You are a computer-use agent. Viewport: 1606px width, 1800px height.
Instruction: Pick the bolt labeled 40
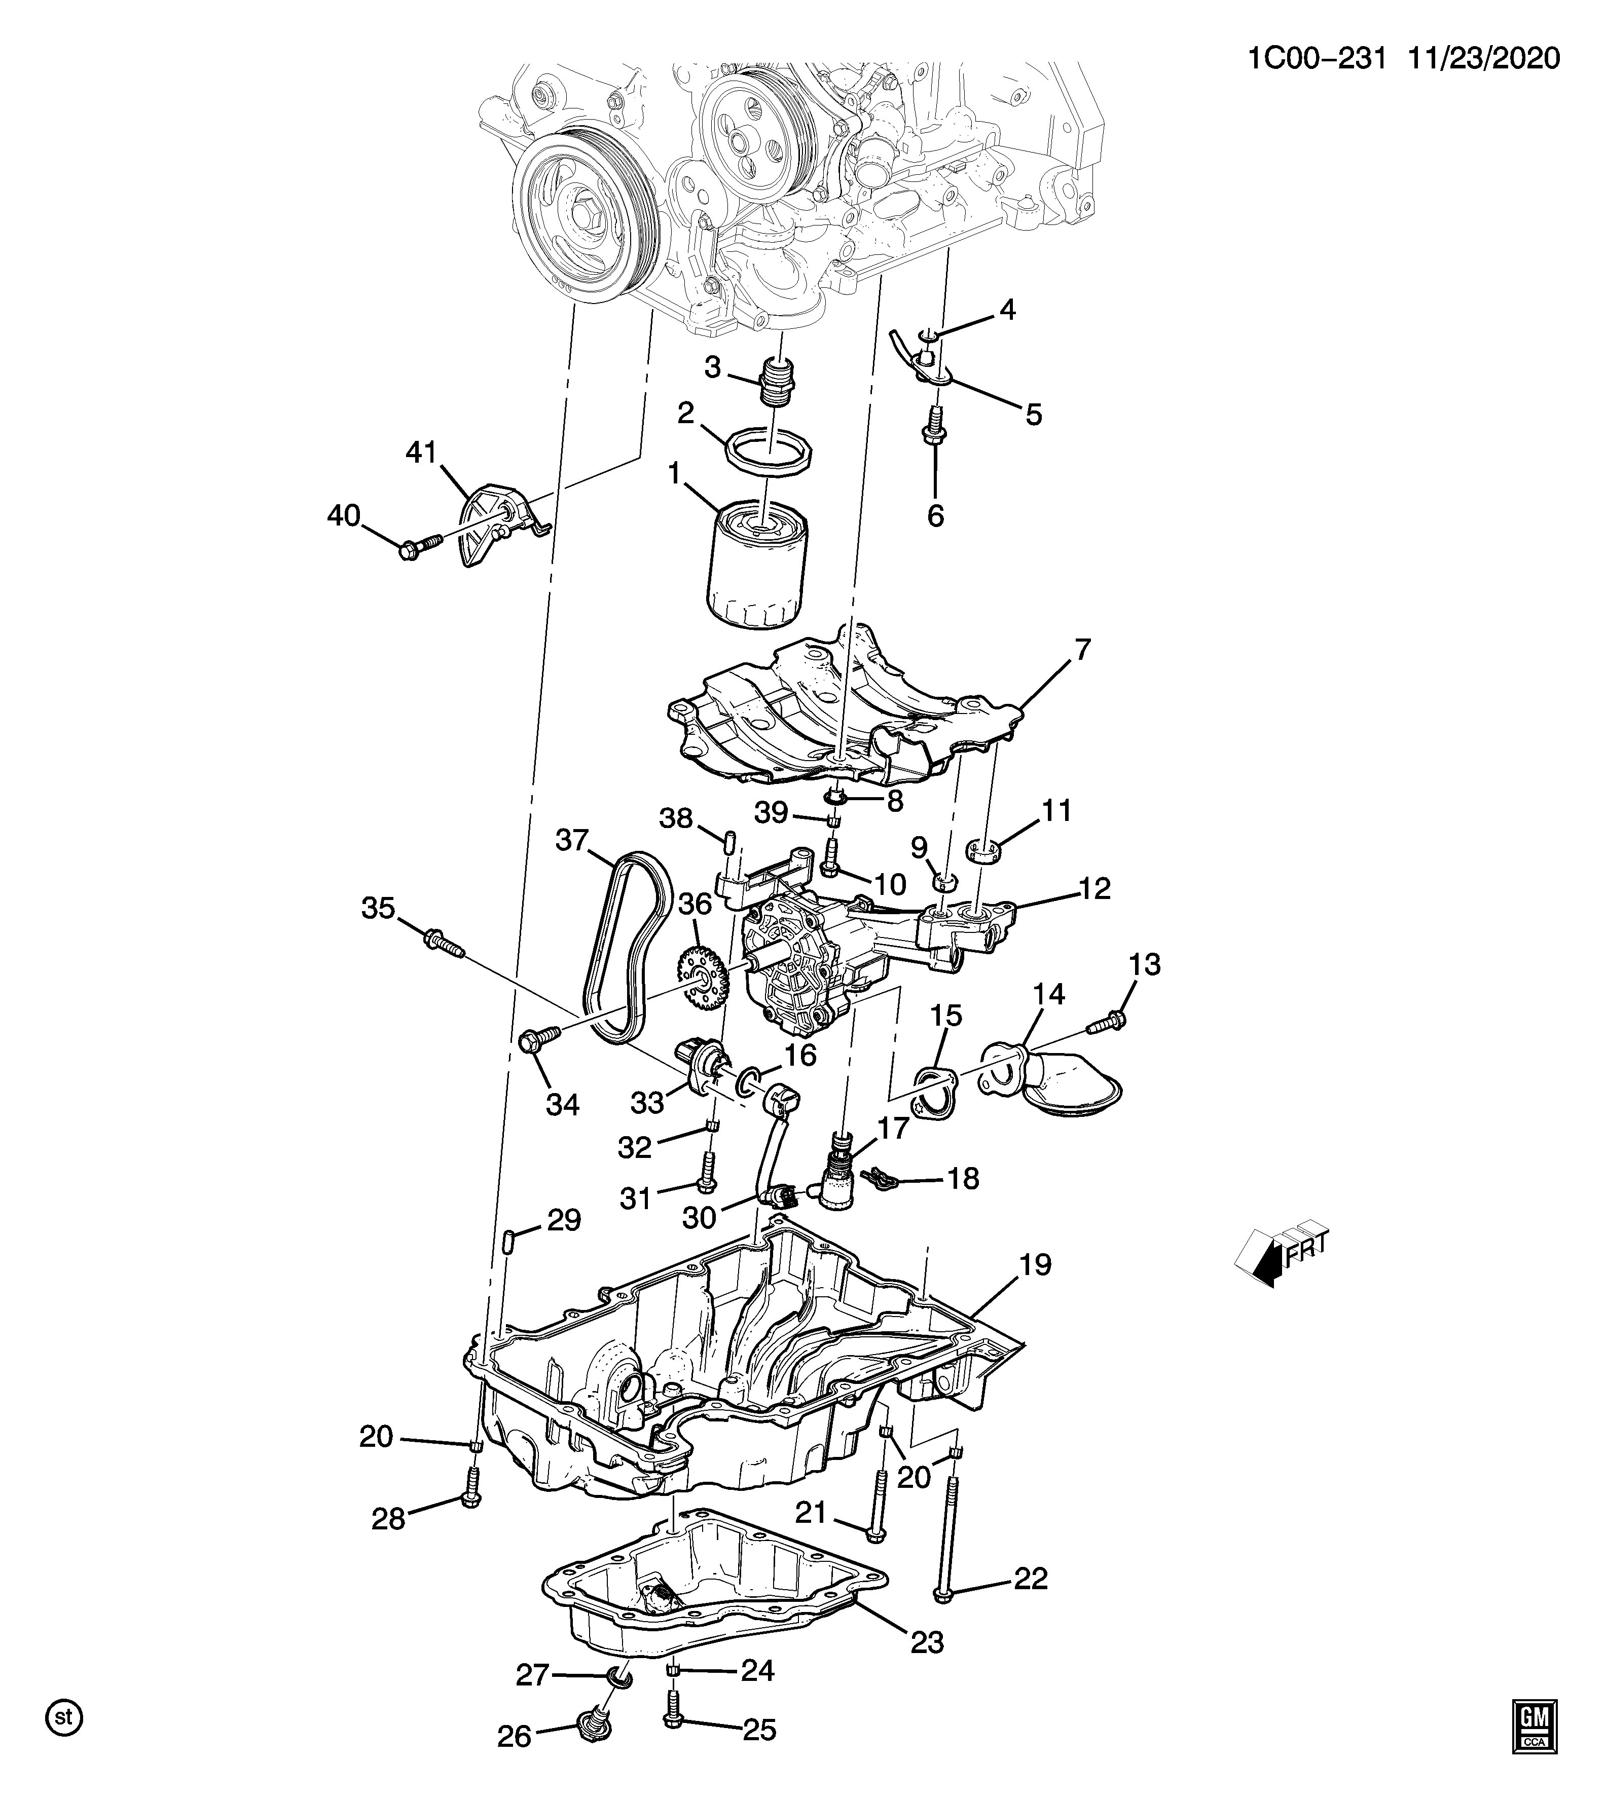pos(424,547)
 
